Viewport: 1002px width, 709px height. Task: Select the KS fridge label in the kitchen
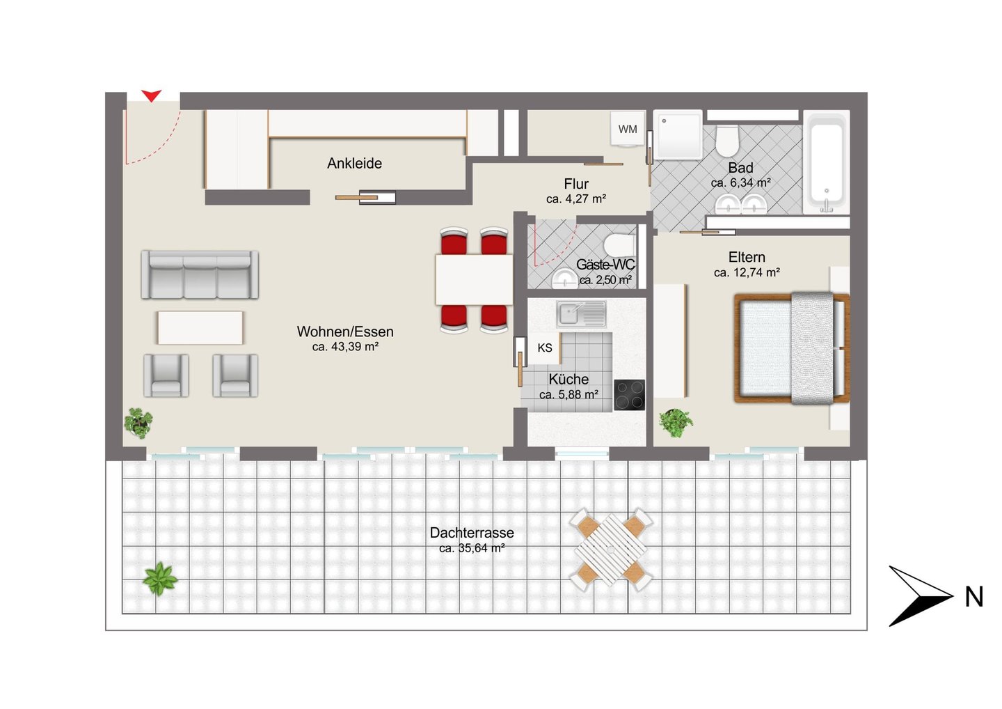pos(544,348)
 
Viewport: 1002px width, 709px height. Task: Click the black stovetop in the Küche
pos(629,395)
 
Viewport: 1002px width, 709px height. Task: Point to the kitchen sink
pos(581,313)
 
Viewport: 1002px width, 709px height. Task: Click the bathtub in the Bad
pos(827,162)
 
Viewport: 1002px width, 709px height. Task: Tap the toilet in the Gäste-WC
pos(619,245)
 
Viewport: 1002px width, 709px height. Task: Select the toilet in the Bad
pos(727,141)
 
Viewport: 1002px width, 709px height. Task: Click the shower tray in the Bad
pos(678,134)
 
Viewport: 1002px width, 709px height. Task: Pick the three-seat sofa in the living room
pos(200,274)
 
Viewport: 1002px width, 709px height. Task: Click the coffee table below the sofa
pos(200,327)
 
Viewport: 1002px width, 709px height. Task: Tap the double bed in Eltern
pos(792,348)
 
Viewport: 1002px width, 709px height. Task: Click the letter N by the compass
pos(974,597)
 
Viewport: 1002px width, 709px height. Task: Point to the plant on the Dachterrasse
pos(159,579)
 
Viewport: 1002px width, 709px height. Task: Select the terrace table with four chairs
pos(611,550)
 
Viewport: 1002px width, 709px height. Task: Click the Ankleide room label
pos(354,164)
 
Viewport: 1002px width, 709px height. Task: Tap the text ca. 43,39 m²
pos(345,346)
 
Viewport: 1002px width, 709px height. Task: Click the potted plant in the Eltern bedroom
pos(676,422)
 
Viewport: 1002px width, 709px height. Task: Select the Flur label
pos(576,183)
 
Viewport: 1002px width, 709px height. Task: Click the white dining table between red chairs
pos(474,280)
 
